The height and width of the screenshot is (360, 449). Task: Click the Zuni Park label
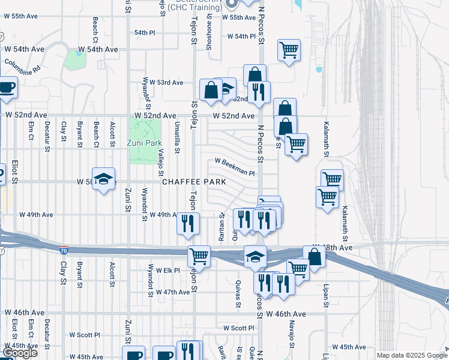click(x=145, y=143)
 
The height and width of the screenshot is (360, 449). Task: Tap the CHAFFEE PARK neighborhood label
click(x=193, y=181)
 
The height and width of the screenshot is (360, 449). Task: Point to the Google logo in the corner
click(x=20, y=353)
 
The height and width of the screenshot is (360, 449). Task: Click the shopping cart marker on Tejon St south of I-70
click(x=199, y=256)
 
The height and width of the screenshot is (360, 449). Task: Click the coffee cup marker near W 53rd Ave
click(x=6, y=87)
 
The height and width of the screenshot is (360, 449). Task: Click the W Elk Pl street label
click(x=167, y=271)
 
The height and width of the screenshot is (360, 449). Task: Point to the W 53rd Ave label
click(x=166, y=82)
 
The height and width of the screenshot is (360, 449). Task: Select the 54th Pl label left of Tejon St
click(x=145, y=32)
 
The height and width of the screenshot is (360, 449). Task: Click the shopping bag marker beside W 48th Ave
click(x=314, y=256)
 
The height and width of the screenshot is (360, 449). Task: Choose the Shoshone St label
click(x=209, y=37)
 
